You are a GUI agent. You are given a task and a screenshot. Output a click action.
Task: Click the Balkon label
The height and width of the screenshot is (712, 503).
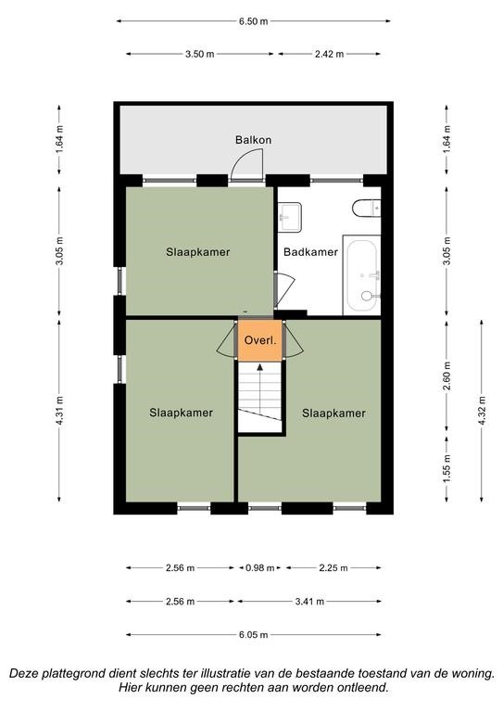(x=253, y=139)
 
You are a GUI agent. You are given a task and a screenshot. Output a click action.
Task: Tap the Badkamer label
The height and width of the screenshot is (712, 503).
(x=310, y=251)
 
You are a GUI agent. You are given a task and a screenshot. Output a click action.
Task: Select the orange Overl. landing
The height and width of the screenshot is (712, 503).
(x=260, y=340)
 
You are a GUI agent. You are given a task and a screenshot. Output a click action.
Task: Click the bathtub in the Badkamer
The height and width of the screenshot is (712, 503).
(x=362, y=275)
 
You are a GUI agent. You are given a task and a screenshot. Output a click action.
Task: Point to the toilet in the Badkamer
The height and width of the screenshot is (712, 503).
(x=367, y=208)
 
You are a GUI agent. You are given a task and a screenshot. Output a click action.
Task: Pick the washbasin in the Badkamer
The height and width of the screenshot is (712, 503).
(x=289, y=217)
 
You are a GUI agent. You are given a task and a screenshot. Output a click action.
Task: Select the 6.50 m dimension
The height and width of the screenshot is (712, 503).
(x=254, y=21)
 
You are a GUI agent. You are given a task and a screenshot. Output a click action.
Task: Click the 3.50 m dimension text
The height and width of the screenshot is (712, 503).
(x=199, y=54)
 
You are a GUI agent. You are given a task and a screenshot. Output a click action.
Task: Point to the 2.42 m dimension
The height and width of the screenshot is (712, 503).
(x=329, y=54)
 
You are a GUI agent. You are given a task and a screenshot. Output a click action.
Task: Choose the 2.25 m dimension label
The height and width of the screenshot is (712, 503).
(x=333, y=567)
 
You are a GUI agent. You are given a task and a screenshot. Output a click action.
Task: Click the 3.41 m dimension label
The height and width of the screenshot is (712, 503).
(x=309, y=602)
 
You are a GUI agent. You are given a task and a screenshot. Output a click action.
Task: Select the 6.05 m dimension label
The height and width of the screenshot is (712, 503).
(x=254, y=635)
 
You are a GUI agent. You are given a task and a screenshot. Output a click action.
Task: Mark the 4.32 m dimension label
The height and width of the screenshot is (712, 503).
(x=482, y=411)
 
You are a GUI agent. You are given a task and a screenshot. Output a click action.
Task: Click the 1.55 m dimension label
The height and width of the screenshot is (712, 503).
(x=446, y=468)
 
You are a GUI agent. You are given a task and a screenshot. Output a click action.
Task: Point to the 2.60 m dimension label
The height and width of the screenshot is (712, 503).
(x=446, y=376)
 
